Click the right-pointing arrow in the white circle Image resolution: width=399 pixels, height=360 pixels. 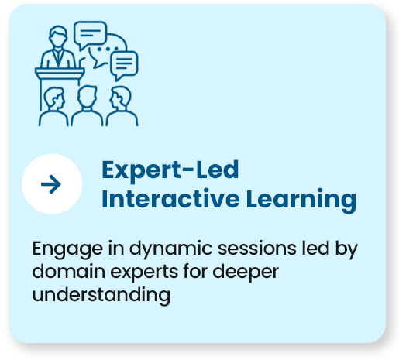(x=51, y=184)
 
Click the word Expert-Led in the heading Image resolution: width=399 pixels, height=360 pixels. (x=170, y=170)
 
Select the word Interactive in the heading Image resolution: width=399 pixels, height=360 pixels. (x=170, y=199)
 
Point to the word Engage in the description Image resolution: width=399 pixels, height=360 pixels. (x=67, y=249)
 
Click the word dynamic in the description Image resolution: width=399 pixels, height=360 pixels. (x=170, y=249)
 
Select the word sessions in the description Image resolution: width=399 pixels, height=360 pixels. (x=257, y=249)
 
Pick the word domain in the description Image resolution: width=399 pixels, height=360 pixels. (x=69, y=271)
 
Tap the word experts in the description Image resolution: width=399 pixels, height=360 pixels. (x=144, y=273)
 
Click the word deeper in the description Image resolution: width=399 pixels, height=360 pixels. (x=246, y=273)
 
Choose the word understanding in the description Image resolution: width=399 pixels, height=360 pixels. (x=101, y=295)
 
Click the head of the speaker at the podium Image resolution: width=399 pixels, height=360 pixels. (x=58, y=36)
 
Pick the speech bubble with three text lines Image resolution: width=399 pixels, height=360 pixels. (x=124, y=65)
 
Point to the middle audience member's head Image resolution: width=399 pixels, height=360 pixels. (x=88, y=97)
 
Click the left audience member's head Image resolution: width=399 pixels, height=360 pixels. (x=54, y=98)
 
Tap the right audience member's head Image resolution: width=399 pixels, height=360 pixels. (x=120, y=98)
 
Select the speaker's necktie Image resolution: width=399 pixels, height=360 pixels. (x=58, y=57)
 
